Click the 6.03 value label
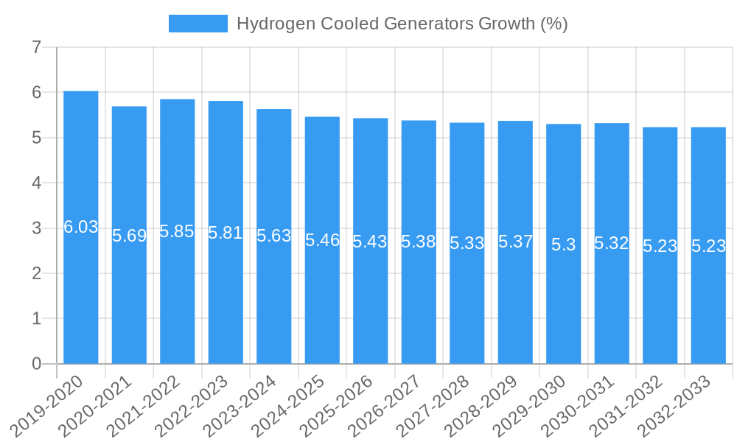[x=80, y=227]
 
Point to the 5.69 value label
[x=129, y=236]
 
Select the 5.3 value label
[x=564, y=245]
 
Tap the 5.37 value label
[x=515, y=242]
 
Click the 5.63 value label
[x=273, y=236]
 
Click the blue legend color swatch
[x=198, y=24]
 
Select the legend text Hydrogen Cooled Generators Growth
[x=402, y=24]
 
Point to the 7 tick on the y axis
[x=36, y=47]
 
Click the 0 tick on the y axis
[x=36, y=364]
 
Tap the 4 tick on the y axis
[x=36, y=183]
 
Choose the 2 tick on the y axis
[x=36, y=273]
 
